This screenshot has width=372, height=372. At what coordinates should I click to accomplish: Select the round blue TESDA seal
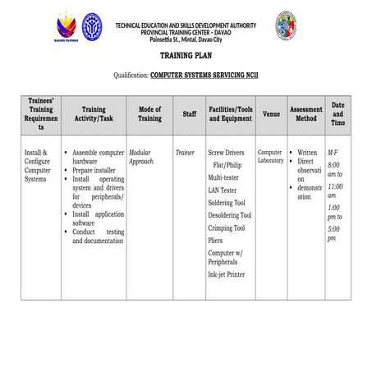pyautogui.click(x=92, y=25)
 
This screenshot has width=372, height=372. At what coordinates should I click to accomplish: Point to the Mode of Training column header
pyautogui.click(x=149, y=114)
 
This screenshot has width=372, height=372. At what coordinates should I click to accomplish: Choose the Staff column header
pyautogui.click(x=189, y=114)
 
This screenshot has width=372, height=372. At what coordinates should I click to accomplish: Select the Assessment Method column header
pyautogui.click(x=305, y=114)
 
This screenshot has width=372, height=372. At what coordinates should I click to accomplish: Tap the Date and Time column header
pyautogui.click(x=338, y=114)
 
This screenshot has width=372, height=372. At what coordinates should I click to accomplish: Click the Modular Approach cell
pyautogui.click(x=141, y=158)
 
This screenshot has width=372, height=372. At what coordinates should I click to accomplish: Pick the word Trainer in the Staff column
pyautogui.click(x=185, y=153)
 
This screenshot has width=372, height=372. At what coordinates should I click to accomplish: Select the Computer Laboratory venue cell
pyautogui.click(x=270, y=157)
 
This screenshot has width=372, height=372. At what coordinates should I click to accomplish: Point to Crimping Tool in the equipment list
pyautogui.click(x=227, y=228)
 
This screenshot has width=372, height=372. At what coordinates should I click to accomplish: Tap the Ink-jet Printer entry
pyautogui.click(x=226, y=275)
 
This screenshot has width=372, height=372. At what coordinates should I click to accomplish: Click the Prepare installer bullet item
pyautogui.click(x=98, y=169)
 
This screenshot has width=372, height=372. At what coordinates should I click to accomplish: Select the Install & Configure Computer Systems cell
pyautogui.click(x=38, y=165)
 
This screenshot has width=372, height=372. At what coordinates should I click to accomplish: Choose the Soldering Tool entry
pyautogui.click(x=227, y=203)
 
